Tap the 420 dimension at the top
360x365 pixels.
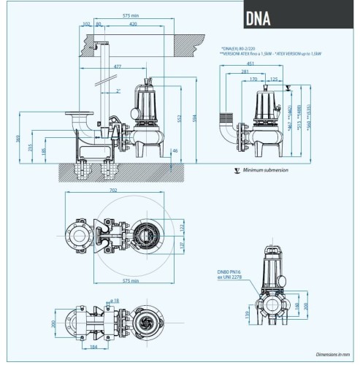click(132, 23)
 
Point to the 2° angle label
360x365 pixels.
click(118, 91)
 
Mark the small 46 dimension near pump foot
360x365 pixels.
click(175, 150)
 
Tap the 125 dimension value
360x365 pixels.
click(275, 79)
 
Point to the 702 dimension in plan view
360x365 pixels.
click(112, 191)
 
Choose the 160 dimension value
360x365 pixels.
click(296, 304)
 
